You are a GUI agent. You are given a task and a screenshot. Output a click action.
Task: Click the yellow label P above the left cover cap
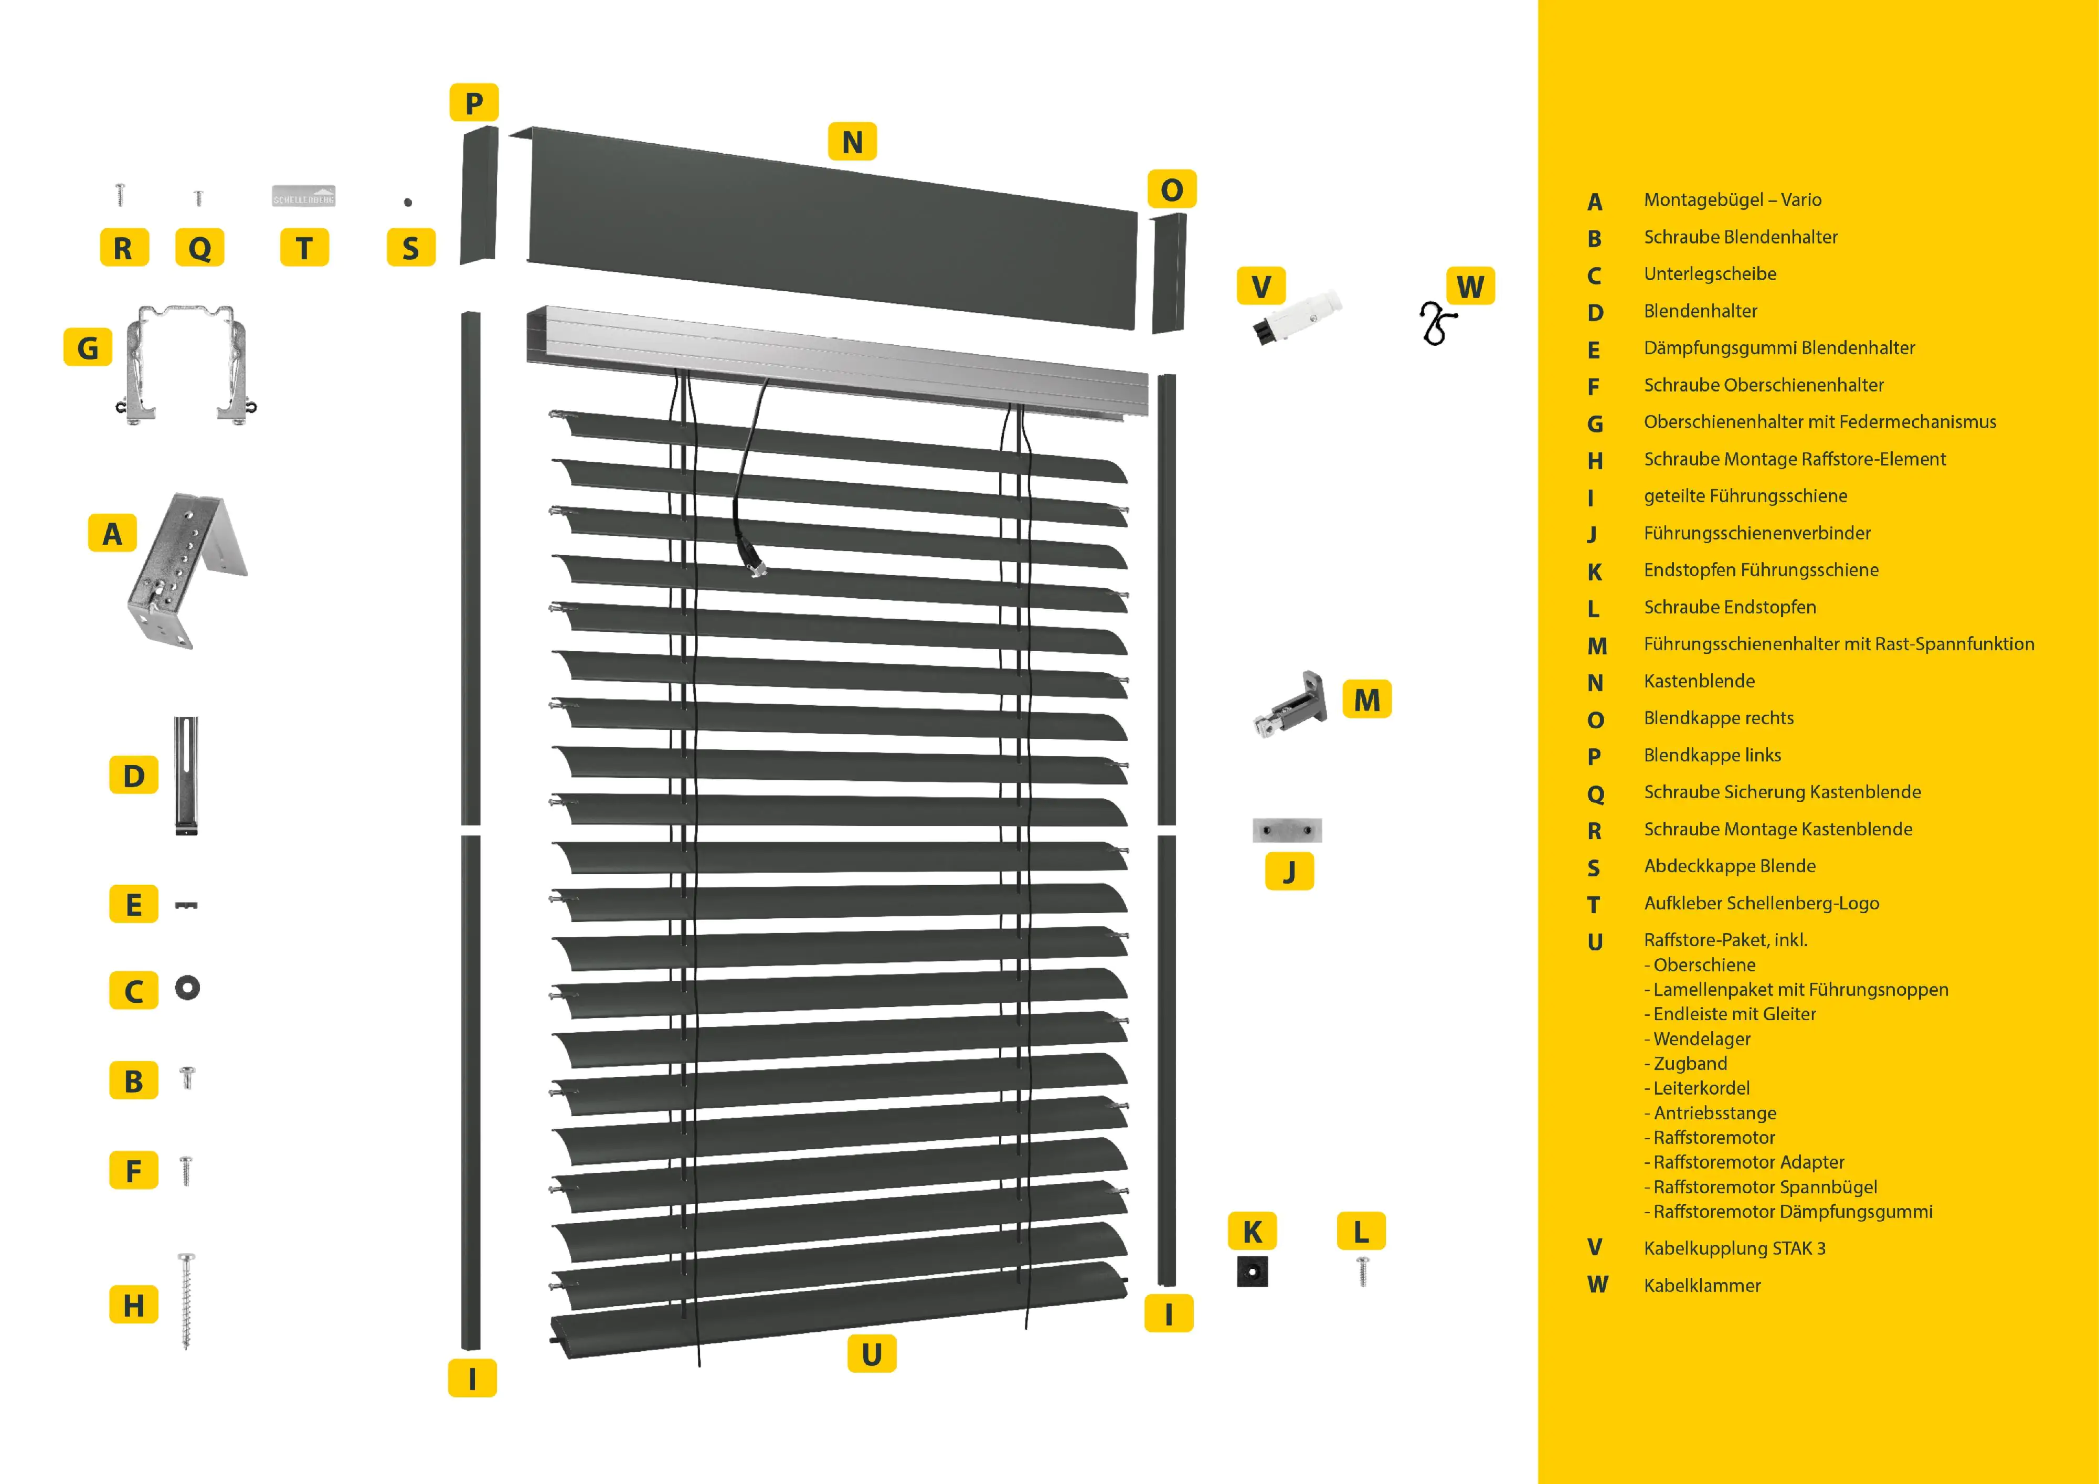pos(473,102)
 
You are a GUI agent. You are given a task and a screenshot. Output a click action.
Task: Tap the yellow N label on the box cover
pos(852,142)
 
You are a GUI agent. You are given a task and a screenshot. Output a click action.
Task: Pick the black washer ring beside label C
pos(187,988)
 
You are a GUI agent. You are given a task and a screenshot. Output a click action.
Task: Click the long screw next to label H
pos(186,1300)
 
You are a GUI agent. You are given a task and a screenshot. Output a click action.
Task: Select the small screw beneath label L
pos(1362,1270)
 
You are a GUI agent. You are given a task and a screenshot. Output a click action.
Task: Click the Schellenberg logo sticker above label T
pos(303,196)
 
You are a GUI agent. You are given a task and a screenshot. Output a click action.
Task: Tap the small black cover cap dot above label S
pos(408,202)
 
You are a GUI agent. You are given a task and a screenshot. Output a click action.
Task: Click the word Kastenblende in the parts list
pos(1699,681)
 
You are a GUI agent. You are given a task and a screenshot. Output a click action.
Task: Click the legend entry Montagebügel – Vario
pos(1732,199)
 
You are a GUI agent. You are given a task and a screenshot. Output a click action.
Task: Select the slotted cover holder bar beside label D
pos(186,776)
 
